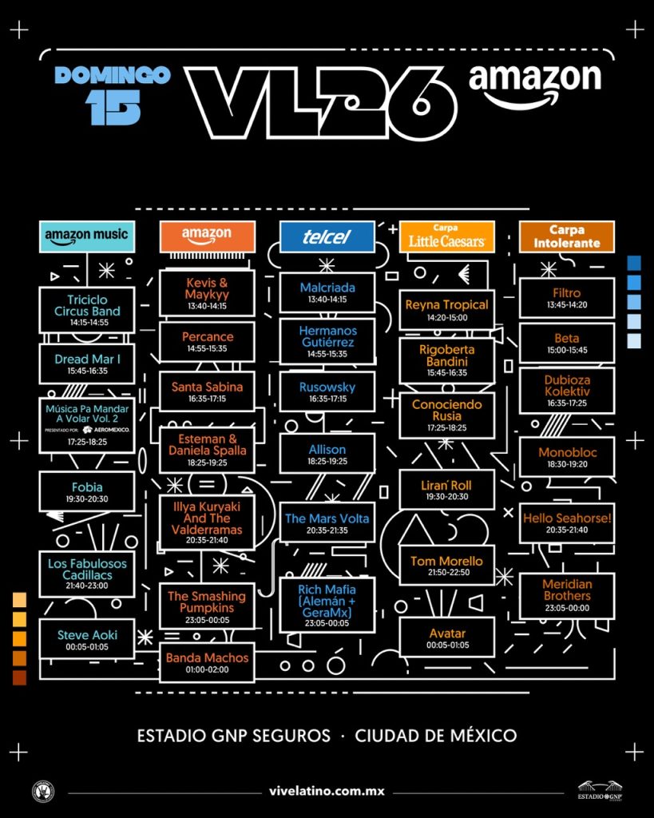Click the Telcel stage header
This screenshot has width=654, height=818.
(x=327, y=236)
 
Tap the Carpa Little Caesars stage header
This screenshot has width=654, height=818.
(x=446, y=236)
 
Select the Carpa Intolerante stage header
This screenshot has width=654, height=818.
(x=566, y=236)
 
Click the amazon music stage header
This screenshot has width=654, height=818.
(x=87, y=236)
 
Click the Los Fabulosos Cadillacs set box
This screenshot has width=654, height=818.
(x=87, y=574)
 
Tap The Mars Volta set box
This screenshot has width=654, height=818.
(x=327, y=523)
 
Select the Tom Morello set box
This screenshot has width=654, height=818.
(x=446, y=566)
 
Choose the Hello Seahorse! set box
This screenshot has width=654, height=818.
(x=566, y=523)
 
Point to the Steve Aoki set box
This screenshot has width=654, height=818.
(x=87, y=639)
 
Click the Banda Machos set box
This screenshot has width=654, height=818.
(x=207, y=662)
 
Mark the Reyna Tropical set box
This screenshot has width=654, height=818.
(x=446, y=310)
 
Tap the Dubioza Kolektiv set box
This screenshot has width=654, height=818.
(x=566, y=391)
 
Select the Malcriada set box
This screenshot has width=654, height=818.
(x=327, y=292)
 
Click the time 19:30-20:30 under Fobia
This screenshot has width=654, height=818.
(x=87, y=499)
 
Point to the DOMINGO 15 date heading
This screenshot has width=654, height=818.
(x=113, y=95)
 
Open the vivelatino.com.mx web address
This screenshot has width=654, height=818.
(x=327, y=792)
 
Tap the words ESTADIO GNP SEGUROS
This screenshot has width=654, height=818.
(x=234, y=735)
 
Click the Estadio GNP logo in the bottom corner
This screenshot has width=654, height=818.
(x=600, y=790)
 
